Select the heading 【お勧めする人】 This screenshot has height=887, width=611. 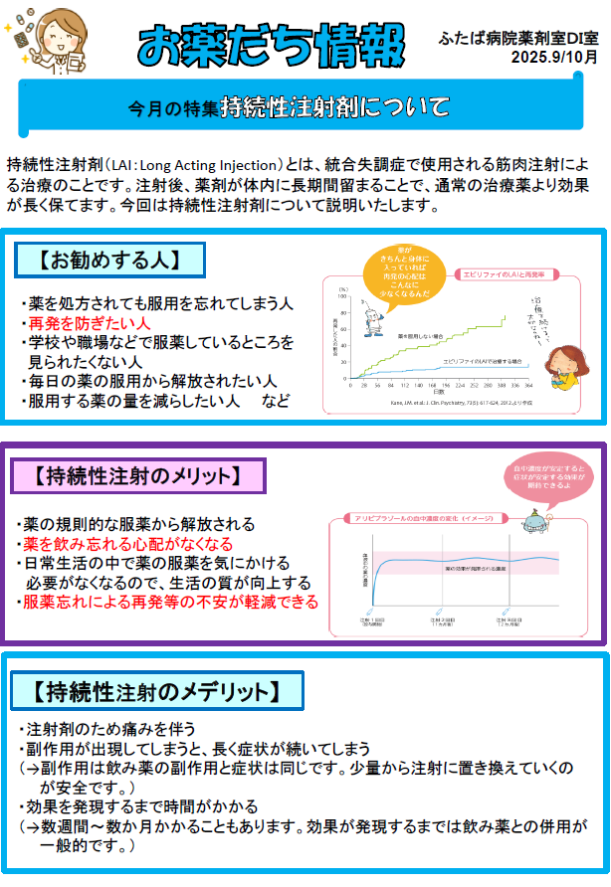(x=109, y=261)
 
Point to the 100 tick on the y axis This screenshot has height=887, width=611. (x=341, y=296)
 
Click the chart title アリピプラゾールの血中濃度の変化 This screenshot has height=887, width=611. (x=422, y=518)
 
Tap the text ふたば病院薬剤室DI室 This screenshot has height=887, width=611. (x=519, y=36)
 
